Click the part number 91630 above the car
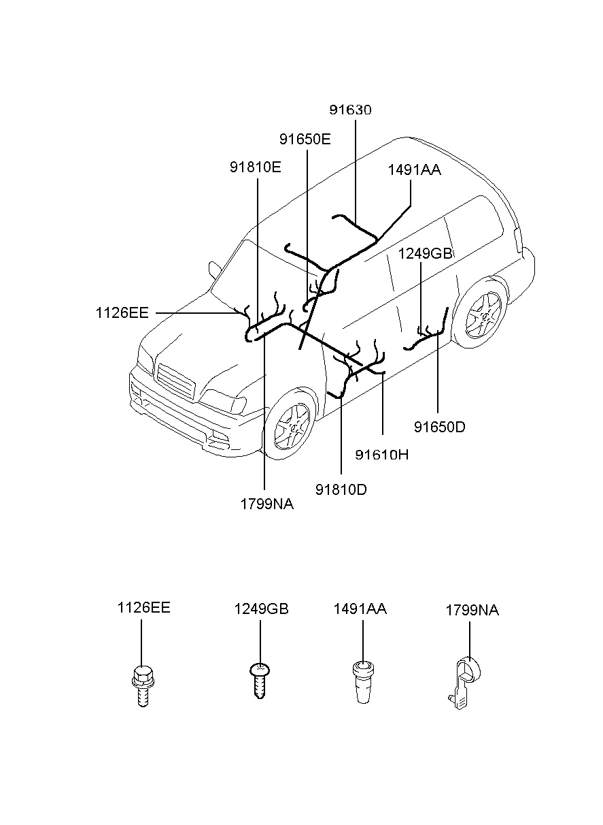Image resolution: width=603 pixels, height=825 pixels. click(x=350, y=110)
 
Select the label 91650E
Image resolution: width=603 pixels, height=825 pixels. click(x=305, y=140)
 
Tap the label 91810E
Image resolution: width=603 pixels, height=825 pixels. click(x=255, y=167)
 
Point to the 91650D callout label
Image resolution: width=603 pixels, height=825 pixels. click(x=439, y=427)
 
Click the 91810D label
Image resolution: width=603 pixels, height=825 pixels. click(x=341, y=489)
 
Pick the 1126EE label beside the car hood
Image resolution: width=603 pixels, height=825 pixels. click(x=122, y=313)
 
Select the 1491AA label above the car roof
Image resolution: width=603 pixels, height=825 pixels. click(x=414, y=170)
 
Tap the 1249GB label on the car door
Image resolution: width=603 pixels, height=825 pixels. click(x=425, y=254)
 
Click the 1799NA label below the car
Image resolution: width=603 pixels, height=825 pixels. click(x=266, y=504)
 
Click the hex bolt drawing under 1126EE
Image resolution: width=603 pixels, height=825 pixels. click(x=142, y=685)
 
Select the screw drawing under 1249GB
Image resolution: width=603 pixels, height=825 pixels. click(x=258, y=681)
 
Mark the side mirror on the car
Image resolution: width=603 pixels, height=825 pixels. click(x=215, y=270)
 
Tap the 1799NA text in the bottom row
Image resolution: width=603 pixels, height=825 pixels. click(x=472, y=611)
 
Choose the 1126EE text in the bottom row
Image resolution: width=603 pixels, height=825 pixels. click(x=143, y=608)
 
